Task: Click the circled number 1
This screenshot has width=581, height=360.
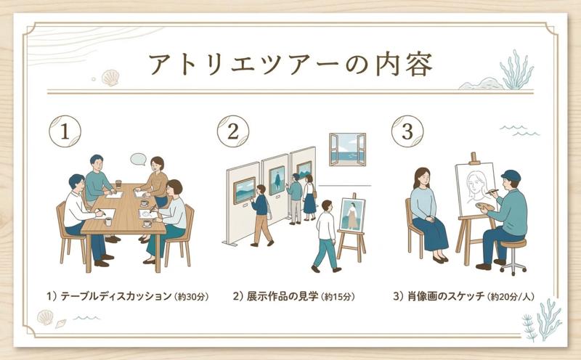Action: pyautogui.click(x=65, y=131)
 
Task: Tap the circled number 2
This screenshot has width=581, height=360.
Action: pyautogui.click(x=233, y=131)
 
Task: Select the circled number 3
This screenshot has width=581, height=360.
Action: pyautogui.click(x=407, y=131)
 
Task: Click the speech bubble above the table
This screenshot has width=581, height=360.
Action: pyautogui.click(x=138, y=159)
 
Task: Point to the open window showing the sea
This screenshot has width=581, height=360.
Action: pyautogui.click(x=348, y=150)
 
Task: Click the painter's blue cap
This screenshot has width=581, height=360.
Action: pyautogui.click(x=511, y=175)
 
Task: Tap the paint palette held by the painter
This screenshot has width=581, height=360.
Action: pyautogui.click(x=484, y=206)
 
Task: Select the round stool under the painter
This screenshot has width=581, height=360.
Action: pyautogui.click(x=513, y=256)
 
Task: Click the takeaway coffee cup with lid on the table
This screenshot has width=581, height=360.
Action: pyautogui.click(x=118, y=184)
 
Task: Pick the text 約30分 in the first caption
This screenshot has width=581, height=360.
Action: pyautogui.click(x=191, y=297)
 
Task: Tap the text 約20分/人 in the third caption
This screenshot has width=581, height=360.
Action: pyautogui.click(x=511, y=297)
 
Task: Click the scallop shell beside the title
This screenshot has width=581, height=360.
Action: pyautogui.click(x=110, y=78)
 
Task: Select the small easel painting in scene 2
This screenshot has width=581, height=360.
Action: pyautogui.click(x=352, y=215)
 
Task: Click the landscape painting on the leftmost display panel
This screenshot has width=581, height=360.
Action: pyautogui.click(x=244, y=190)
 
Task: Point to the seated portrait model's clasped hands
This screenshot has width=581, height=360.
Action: pyautogui.click(x=429, y=219)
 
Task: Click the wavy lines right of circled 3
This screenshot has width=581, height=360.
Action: pyautogui.click(x=519, y=131)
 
